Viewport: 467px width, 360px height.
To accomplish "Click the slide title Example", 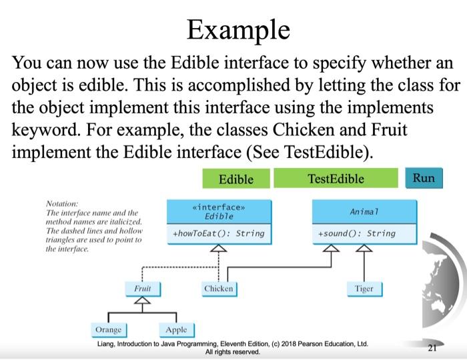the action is pos(238,31).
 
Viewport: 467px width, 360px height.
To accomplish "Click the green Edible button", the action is pos(236,179).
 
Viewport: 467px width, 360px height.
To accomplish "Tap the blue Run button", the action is pos(424,178).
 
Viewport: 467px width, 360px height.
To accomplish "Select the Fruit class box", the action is pos(143,289).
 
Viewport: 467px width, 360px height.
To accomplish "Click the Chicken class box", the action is pos(219,289).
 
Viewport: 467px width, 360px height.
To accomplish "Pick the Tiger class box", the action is pos(364,289).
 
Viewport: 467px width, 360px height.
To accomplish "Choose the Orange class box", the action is pos(109,330).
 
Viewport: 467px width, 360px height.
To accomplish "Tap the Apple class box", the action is pos(177,330).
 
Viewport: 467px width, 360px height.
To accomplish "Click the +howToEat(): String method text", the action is pos(219,233).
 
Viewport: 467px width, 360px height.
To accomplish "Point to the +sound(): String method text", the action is pos(357,233).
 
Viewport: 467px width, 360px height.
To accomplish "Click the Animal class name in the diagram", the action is pos(364,212).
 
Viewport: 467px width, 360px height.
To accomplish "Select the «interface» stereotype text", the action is pos(219,207).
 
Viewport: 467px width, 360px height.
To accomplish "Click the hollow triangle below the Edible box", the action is pos(219,248).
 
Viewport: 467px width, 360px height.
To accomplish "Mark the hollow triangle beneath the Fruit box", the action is pos(142,301).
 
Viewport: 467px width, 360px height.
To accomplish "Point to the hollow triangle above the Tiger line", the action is pos(364,248).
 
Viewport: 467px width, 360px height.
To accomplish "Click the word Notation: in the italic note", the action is pos(62,204).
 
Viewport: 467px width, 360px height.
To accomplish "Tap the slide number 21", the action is pos(432,347).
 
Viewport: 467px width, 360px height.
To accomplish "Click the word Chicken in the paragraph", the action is pos(304,130).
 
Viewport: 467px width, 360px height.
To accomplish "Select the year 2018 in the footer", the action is pos(289,344).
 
